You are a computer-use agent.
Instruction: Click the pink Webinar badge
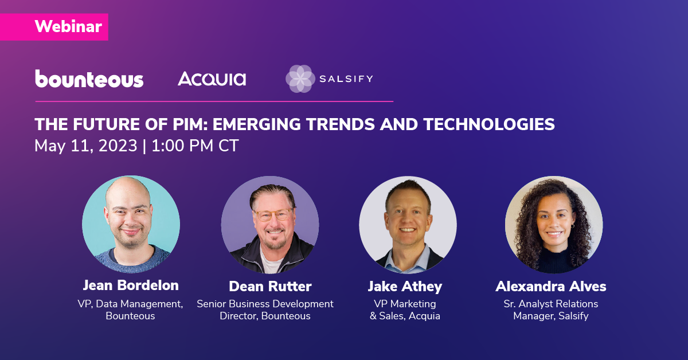(54, 27)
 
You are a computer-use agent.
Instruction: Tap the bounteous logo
(89, 79)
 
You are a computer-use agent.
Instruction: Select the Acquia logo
(212, 79)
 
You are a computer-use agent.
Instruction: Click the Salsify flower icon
(300, 79)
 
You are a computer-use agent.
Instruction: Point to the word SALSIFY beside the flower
(346, 79)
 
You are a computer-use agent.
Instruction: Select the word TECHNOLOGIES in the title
(489, 124)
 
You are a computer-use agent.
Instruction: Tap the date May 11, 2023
(85, 146)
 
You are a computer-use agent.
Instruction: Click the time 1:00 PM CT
(195, 146)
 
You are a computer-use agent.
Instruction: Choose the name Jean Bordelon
(131, 285)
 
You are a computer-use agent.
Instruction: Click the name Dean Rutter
(270, 286)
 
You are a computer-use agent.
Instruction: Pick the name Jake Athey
(405, 287)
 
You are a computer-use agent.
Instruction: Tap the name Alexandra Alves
(551, 286)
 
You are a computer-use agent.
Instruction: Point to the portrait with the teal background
(131, 224)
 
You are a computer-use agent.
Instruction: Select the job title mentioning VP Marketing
(405, 310)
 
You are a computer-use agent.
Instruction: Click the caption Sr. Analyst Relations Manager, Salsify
(551, 310)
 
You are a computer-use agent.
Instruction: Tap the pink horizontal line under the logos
(214, 101)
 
